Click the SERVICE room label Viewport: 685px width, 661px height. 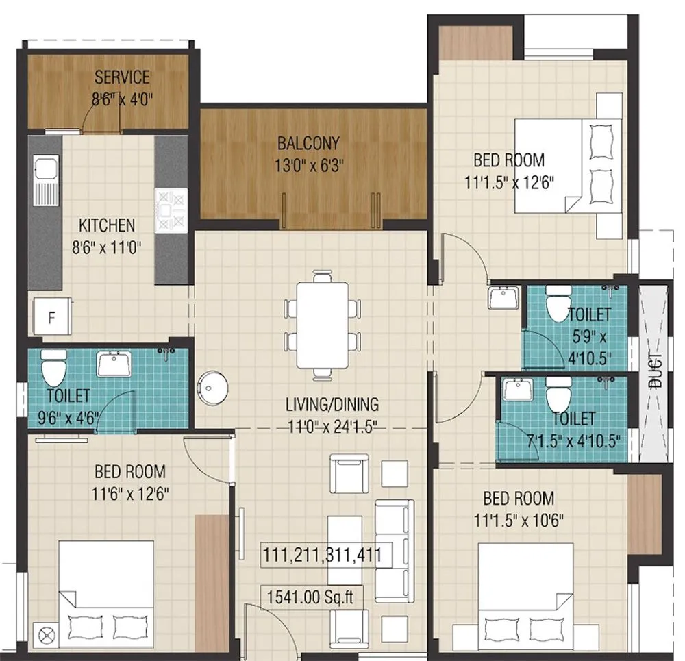tap(122, 76)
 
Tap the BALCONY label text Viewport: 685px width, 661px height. tap(308, 144)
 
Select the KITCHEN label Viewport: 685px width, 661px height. tap(106, 225)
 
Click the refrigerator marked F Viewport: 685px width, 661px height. tap(50, 316)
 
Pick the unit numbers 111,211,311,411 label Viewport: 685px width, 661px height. tap(322, 554)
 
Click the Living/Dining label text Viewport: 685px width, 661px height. tap(332, 405)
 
